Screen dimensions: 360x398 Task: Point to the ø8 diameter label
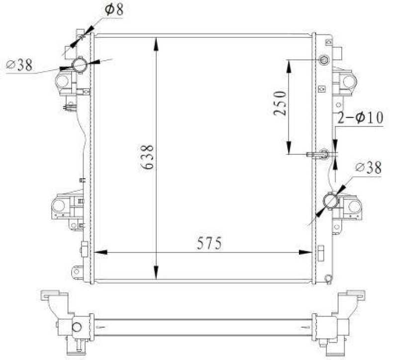(x=114, y=10)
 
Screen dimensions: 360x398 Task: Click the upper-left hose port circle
(x=80, y=64)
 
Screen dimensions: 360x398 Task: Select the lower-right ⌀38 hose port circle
(x=330, y=201)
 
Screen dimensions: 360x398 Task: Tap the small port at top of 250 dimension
(x=323, y=61)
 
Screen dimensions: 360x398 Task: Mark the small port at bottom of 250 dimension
(x=323, y=153)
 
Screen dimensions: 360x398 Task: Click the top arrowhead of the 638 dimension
(x=157, y=42)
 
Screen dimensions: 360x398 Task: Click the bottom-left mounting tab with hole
(x=78, y=271)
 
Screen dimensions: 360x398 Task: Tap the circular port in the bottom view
(x=77, y=327)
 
